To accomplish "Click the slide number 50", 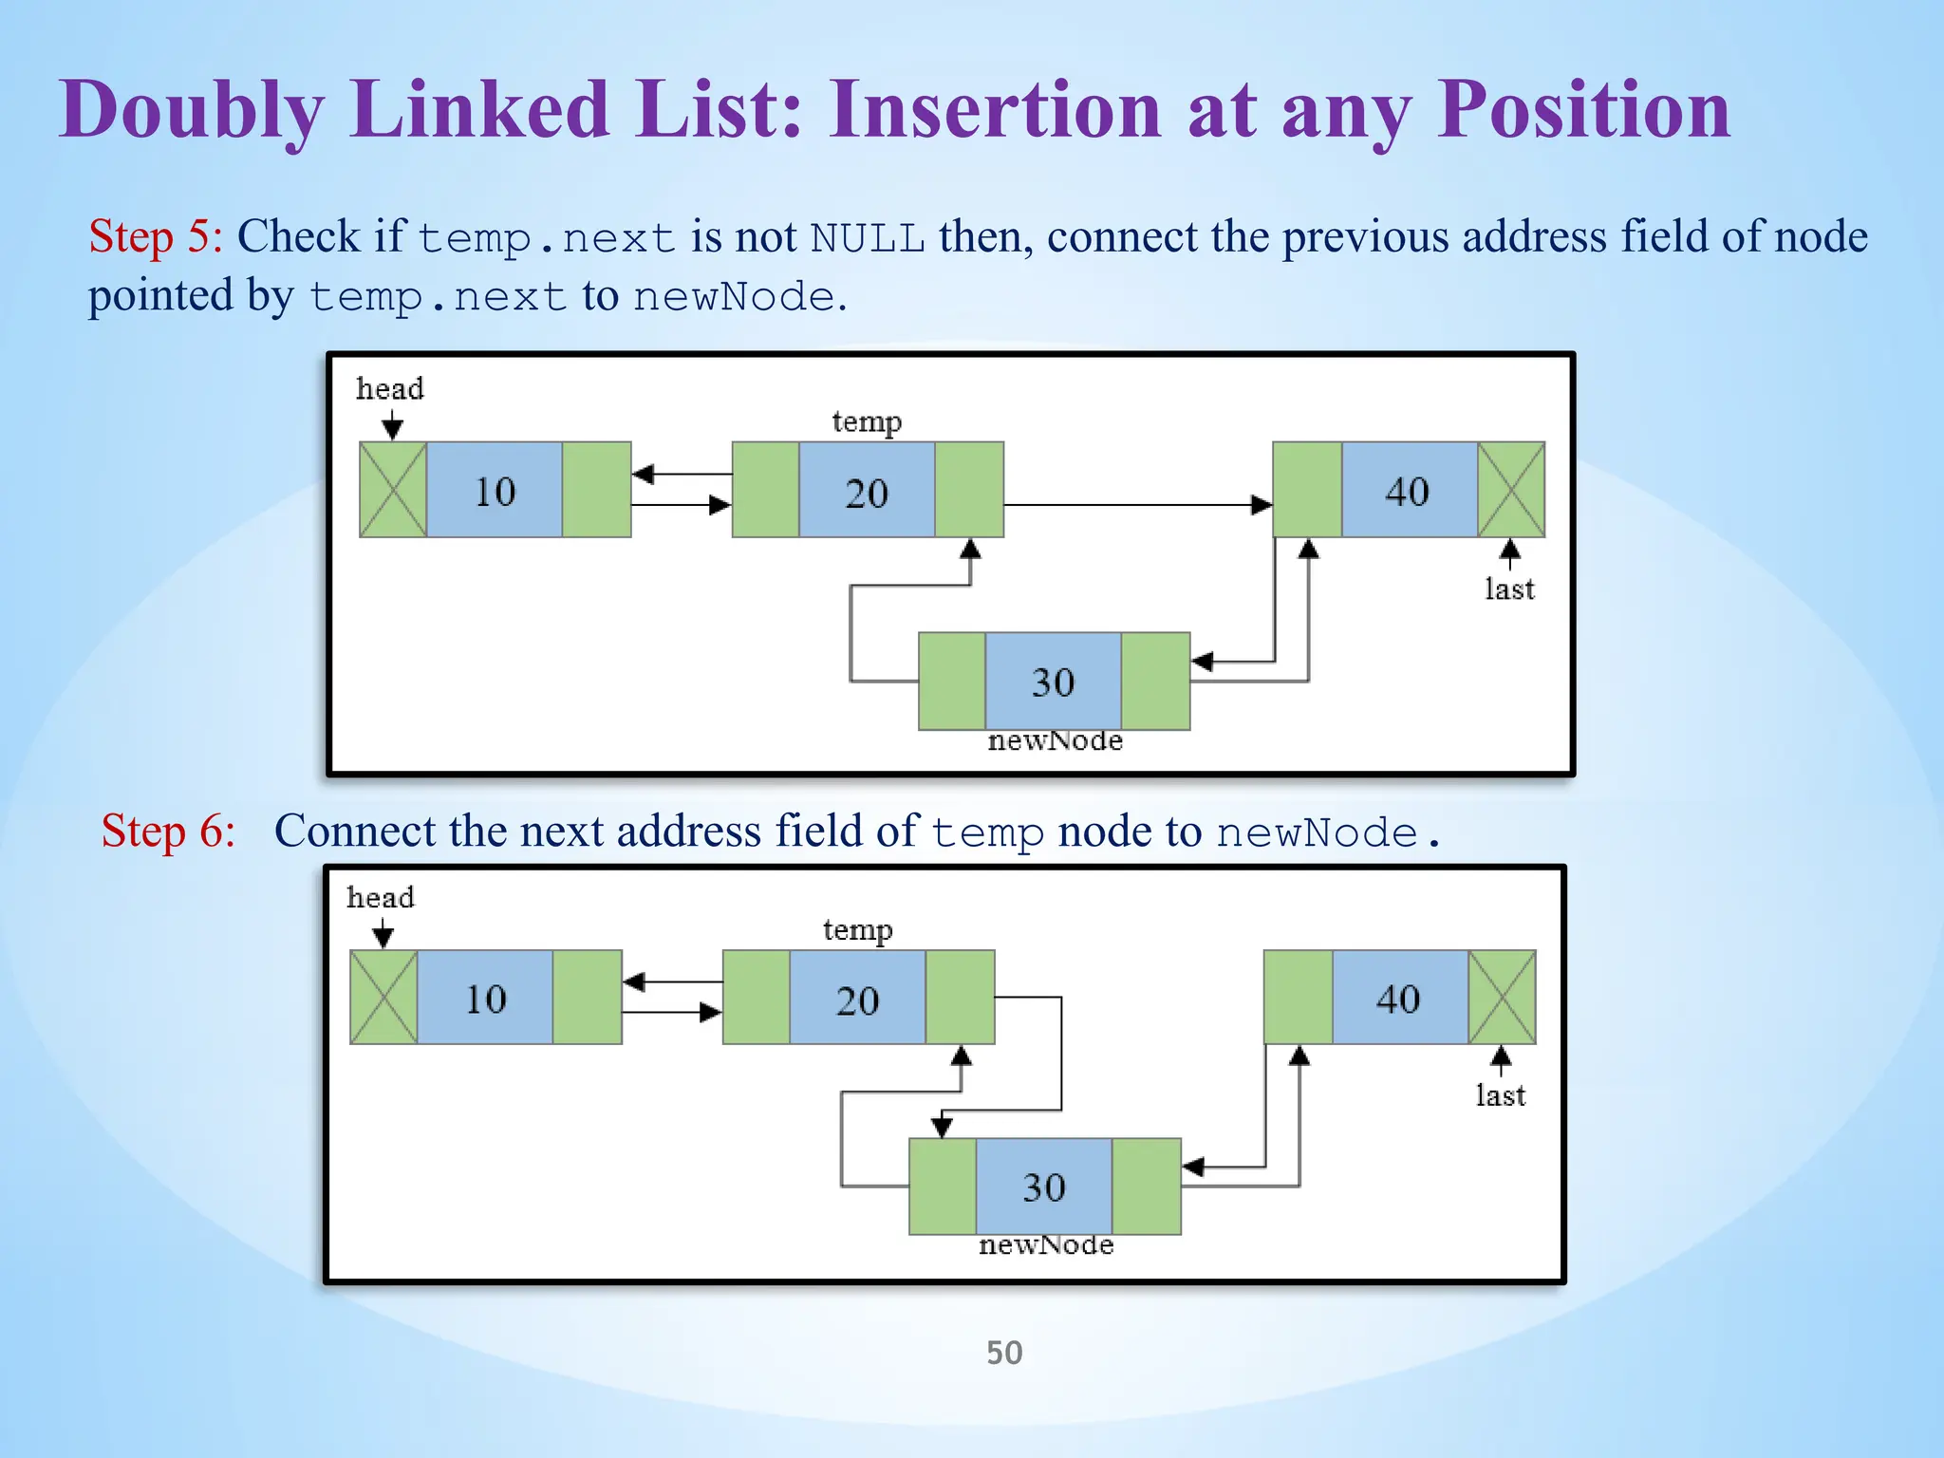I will click(1003, 1352).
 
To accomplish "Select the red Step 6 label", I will click(168, 831).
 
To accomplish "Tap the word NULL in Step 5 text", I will click(868, 237).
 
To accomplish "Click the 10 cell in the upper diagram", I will click(495, 490).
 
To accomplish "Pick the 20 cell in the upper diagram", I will click(867, 491).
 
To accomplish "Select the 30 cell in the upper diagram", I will click(1053, 682).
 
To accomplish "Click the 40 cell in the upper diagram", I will click(1408, 490).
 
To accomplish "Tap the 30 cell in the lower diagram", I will click(1043, 1187).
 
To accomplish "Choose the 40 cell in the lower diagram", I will click(1398, 998).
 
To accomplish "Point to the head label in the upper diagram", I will click(389, 388).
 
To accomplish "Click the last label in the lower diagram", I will click(1500, 1095).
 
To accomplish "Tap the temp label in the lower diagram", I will click(857, 929).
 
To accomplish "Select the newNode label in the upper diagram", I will click(1055, 740).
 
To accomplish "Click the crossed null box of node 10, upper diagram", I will click(393, 490).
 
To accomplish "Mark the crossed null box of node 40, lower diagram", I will click(1502, 998).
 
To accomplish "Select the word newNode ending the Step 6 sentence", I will click(1317, 833).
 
